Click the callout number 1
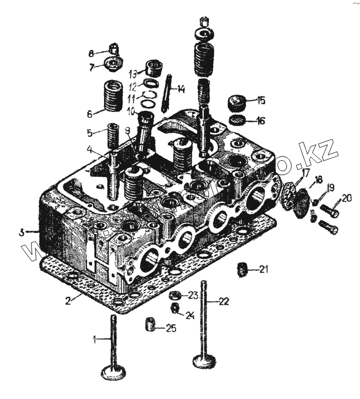(x=95, y=338)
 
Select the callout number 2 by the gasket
(x=68, y=301)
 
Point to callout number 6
(x=89, y=114)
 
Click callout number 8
(x=91, y=53)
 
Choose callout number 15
(x=261, y=101)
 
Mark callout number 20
(x=346, y=198)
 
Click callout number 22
(x=223, y=302)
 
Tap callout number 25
(x=171, y=329)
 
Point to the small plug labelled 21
(x=241, y=270)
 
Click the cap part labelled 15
(x=237, y=103)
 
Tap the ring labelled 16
(x=237, y=121)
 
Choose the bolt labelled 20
(x=330, y=211)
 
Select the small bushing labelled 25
(x=148, y=323)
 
